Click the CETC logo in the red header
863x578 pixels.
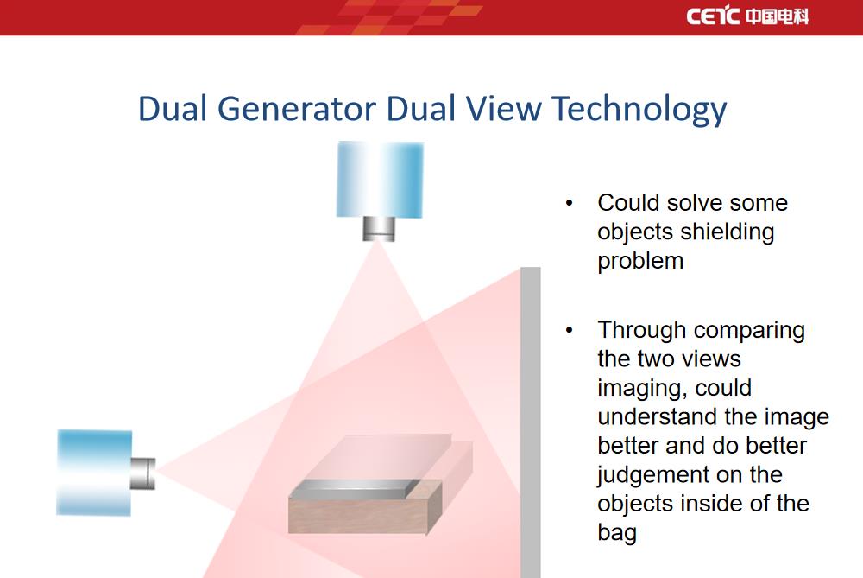[747, 16]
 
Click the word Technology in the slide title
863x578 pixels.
[639, 109]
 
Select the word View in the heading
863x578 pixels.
[504, 108]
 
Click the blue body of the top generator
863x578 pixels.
[380, 180]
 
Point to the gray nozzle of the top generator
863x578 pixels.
[379, 229]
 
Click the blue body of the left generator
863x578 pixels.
[95, 473]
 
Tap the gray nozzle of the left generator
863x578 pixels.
[143, 473]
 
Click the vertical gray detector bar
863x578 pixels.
[531, 422]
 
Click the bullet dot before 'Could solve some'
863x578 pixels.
[569, 203]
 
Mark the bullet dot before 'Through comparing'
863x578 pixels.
[569, 331]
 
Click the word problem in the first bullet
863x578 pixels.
[640, 261]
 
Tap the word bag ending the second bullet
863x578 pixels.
[617, 533]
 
